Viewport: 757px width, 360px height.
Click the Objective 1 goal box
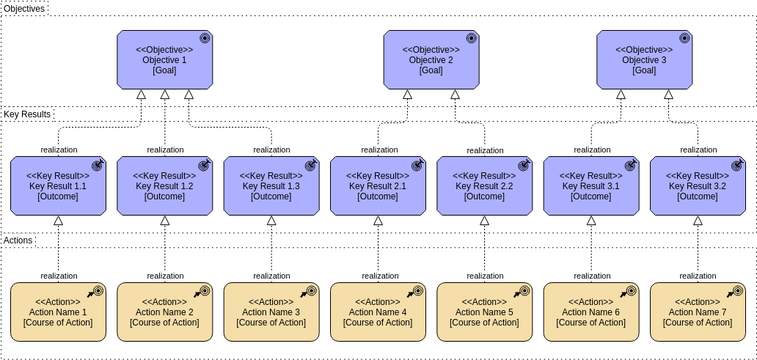coord(164,60)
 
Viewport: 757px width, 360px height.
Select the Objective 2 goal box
coord(431,60)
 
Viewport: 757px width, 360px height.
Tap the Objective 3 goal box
coord(644,60)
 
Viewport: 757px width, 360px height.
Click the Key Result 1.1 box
coord(58,186)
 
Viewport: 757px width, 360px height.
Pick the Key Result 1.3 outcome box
coord(271,186)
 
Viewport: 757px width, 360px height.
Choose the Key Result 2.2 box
coord(484,186)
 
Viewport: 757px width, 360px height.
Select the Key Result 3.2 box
coord(698,186)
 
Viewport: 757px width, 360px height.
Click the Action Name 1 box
coord(58,312)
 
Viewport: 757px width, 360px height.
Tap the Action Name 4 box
coord(378,312)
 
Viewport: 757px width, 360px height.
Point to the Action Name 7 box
coord(698,312)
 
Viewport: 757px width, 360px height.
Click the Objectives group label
coord(24,9)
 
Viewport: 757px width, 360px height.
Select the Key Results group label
coord(27,114)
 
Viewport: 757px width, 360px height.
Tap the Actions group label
coord(18,240)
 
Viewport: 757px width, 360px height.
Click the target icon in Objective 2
coord(471,38)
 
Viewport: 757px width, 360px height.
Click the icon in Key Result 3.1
coord(630,166)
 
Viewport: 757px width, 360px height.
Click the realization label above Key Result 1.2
coord(165,150)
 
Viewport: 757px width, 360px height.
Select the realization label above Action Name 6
coord(591,276)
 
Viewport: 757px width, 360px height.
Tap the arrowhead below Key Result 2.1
coord(378,220)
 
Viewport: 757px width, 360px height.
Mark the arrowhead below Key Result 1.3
coord(271,220)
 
